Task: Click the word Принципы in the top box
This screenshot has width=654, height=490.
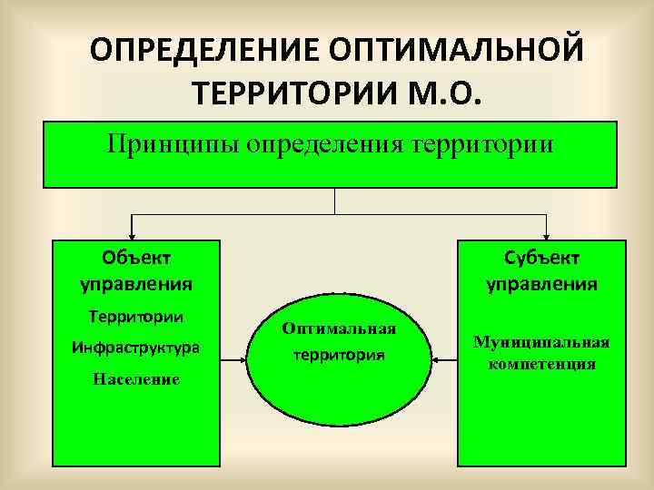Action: [172, 143]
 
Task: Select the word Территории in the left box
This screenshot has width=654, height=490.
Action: [135, 317]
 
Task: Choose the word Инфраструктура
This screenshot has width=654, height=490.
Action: [135, 348]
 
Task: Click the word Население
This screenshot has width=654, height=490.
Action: [135, 379]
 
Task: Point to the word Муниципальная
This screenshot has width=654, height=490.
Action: [541, 342]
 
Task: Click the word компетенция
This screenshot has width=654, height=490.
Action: [541, 365]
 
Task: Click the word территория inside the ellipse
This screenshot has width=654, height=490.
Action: [339, 356]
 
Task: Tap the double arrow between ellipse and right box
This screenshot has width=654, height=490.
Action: [446, 361]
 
